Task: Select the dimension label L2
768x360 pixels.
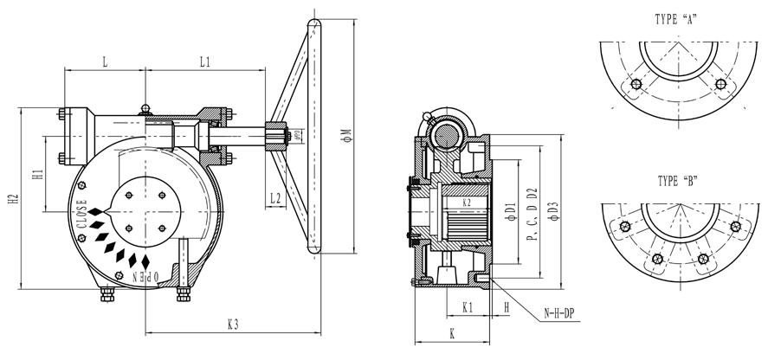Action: pos(274,197)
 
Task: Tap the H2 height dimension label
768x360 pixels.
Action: pos(13,197)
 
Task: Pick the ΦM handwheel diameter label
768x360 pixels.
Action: pos(345,135)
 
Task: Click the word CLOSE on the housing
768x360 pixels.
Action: pos(81,213)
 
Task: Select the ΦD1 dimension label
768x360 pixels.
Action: pos(510,208)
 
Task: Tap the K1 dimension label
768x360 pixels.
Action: pos(467,306)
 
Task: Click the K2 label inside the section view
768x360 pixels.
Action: pos(466,202)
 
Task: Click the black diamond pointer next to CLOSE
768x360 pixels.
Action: pos(94,210)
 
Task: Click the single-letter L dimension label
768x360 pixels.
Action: pos(105,62)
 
